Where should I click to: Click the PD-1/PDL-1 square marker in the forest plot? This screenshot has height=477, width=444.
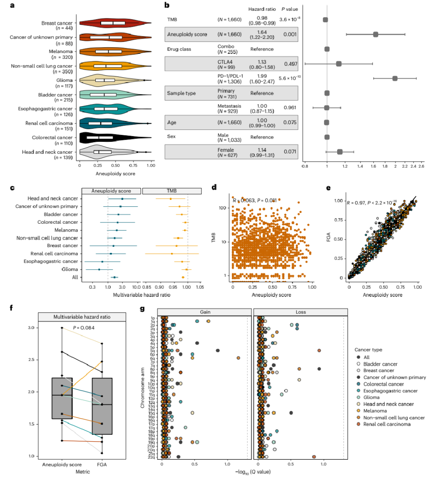click(x=395, y=78)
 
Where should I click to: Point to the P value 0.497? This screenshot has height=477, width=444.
click(x=291, y=64)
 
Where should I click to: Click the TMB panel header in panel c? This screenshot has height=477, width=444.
click(x=171, y=191)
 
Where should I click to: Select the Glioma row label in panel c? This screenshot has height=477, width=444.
click(x=69, y=269)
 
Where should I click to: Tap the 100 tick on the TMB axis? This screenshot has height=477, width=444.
click(x=222, y=208)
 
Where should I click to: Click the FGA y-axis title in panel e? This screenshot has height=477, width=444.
click(x=328, y=237)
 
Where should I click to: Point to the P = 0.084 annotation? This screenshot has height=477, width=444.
click(x=83, y=328)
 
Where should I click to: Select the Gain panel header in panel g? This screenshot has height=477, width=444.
click(x=205, y=312)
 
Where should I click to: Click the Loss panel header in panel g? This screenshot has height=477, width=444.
click(x=301, y=312)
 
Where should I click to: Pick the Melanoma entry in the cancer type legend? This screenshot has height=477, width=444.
click(x=375, y=411)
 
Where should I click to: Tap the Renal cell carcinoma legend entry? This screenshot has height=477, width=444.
click(x=386, y=424)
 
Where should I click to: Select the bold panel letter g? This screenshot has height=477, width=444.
click(x=142, y=309)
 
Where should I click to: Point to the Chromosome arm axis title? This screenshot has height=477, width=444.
click(x=143, y=388)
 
